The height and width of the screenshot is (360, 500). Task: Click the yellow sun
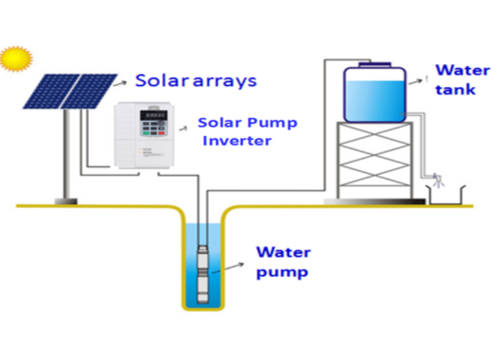[15, 59]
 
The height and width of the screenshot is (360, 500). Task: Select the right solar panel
[93, 91]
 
